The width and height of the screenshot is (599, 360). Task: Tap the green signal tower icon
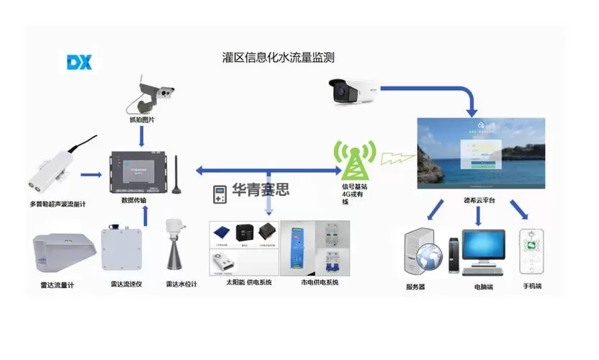353,161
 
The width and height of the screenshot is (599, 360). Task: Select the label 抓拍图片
142,120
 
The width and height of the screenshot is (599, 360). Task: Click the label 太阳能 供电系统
246,283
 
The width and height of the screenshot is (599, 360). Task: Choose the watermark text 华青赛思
261,190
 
